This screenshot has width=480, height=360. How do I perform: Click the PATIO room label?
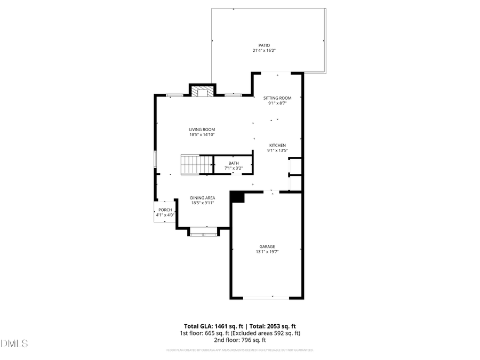coord(264,45)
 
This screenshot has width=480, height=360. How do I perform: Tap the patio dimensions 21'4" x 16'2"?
coord(264,51)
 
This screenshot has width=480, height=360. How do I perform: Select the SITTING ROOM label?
coord(277,98)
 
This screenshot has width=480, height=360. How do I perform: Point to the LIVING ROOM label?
coord(202,129)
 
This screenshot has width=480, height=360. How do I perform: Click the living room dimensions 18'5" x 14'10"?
coord(202,135)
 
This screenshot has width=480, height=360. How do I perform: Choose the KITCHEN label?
coord(277,145)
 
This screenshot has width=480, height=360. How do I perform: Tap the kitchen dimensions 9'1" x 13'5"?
coord(277,150)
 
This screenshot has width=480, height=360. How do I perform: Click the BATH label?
coord(234,163)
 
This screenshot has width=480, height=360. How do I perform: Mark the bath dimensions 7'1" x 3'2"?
coord(234,168)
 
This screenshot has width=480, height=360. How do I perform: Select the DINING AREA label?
coord(203,198)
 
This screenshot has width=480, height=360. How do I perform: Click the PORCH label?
coord(165,210)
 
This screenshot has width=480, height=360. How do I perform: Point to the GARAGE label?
coord(267,246)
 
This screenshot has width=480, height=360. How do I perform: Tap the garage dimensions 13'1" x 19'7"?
coord(267,252)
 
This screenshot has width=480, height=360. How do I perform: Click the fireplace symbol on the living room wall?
coord(203,92)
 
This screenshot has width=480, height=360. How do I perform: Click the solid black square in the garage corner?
coord(237,197)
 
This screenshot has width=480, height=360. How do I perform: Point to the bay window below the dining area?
coord(203,233)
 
